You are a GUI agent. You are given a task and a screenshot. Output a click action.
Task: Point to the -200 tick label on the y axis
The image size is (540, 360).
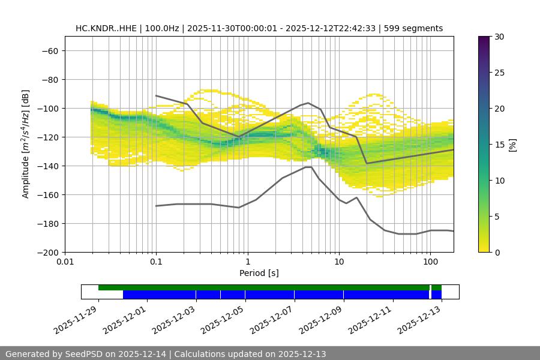47,252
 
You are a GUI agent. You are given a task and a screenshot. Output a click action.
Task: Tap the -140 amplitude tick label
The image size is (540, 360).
47,166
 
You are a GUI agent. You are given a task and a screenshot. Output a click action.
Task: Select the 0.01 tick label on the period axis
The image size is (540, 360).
65,262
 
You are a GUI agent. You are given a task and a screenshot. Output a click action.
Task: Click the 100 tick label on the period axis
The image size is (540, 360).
430,262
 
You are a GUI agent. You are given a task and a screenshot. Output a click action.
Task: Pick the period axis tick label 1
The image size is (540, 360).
247,262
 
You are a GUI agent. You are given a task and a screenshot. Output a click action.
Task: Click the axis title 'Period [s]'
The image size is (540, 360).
259,273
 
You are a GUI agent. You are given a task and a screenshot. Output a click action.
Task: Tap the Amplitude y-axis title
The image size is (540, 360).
26,144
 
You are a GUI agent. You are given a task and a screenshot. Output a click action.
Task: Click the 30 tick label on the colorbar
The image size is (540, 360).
499,37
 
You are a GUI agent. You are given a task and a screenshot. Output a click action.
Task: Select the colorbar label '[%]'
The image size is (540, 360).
512,145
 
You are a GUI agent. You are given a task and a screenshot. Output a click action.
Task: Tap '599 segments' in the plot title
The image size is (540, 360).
415,28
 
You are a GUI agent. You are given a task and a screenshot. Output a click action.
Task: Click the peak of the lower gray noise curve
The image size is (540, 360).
308,167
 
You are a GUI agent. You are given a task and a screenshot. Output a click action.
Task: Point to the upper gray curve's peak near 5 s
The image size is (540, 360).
308,103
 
